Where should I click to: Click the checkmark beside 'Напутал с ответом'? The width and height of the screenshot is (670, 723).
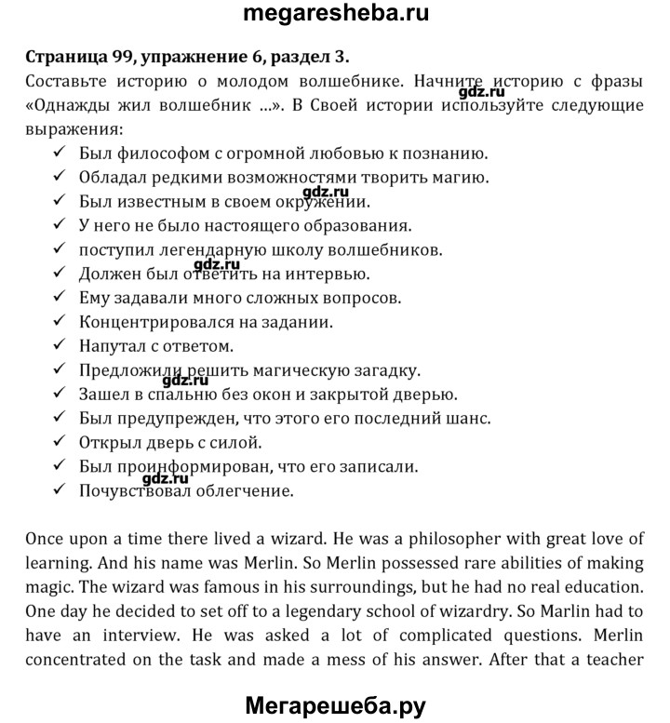(60, 346)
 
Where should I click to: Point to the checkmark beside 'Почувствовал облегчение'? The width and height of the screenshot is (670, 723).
(60, 490)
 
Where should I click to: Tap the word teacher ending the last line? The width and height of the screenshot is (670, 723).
(615, 659)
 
